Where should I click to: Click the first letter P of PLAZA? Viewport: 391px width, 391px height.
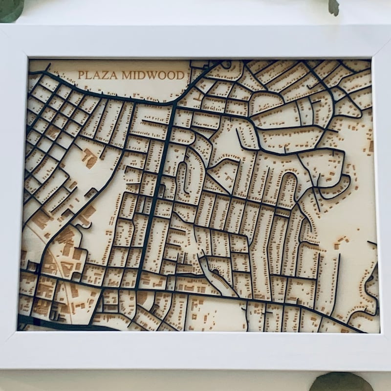click(81, 76)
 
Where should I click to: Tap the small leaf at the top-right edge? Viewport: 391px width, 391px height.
click(334, 6)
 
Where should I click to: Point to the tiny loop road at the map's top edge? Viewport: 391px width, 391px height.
click(226, 64)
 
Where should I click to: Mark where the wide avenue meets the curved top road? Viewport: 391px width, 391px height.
click(174, 104)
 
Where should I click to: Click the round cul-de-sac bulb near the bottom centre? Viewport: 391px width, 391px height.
click(216, 272)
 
